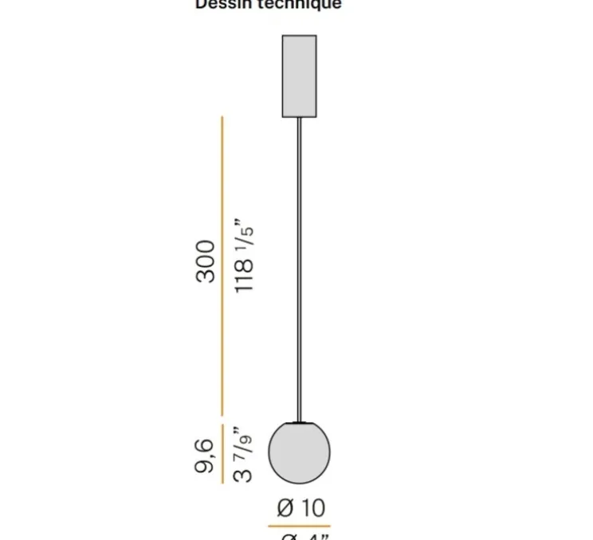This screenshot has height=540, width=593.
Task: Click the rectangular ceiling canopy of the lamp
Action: click(299, 76)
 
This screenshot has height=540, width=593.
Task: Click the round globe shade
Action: click(299, 452)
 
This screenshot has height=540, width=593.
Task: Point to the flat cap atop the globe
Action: click(299, 421)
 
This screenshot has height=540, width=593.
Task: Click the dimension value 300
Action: click(206, 260)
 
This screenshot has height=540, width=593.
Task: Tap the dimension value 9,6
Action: click(205, 456)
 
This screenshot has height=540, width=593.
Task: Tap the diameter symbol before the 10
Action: click(286, 507)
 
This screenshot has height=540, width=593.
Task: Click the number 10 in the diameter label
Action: click(313, 507)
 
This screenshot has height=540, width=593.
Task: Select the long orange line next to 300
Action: click(222, 267)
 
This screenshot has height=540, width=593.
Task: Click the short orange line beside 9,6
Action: click(222, 454)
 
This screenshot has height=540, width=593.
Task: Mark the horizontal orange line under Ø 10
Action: click(299, 526)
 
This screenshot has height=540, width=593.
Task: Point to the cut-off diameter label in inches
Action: click(306, 536)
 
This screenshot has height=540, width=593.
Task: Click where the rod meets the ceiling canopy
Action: click(299, 118)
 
